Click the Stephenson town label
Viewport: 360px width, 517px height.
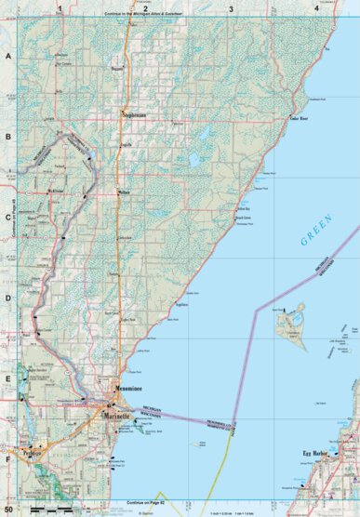pos(136,115)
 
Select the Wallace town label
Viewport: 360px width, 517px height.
pos(124,193)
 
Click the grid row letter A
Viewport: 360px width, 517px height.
pos(9,58)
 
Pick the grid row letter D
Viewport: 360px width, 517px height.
pos(9,298)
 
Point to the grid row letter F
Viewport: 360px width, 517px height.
pos(9,457)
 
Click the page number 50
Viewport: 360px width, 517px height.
pos(9,510)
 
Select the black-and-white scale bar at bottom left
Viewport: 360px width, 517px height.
pos(54,510)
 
